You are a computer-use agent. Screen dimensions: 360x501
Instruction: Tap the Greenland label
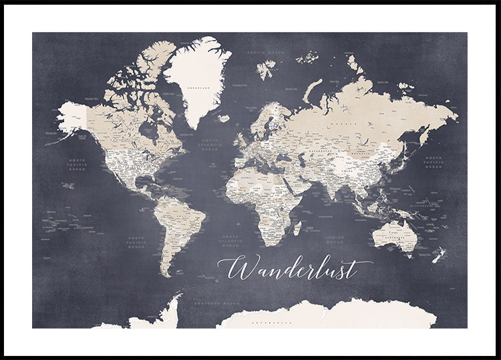click(x=196, y=87)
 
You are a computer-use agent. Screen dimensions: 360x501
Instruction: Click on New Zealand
click(x=439, y=256)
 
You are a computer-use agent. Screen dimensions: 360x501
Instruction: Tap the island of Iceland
click(x=224, y=118)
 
